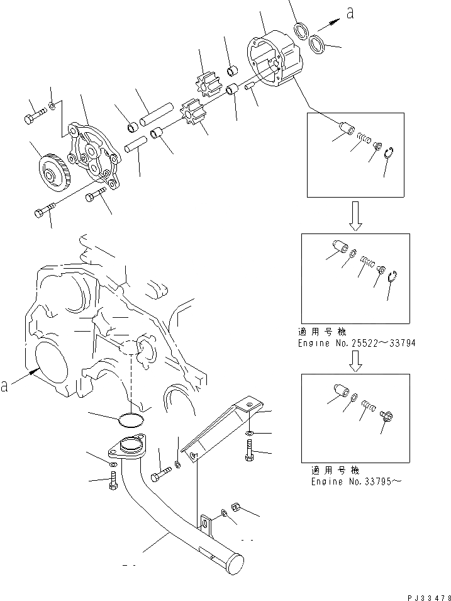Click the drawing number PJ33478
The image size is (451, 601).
coord(424,594)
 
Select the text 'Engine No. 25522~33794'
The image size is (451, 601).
coord(357,344)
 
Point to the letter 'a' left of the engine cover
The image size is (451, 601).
coord(5,386)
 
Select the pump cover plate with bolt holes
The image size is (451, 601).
coord(94,156)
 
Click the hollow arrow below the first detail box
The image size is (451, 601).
coord(354,214)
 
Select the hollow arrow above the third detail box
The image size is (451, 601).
coord(355,359)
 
